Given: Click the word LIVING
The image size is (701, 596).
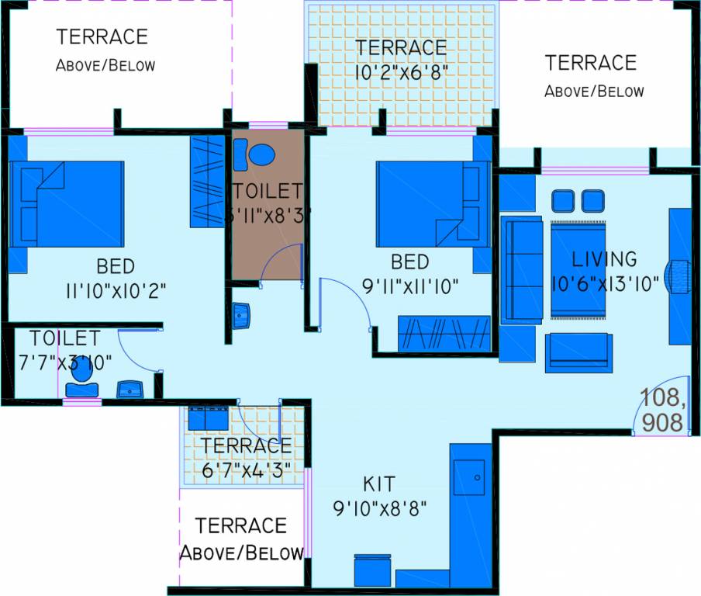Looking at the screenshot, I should click(604, 258).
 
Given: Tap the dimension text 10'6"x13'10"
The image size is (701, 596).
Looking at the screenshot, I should click(605, 284).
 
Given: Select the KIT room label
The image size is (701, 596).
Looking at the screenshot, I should click(378, 485).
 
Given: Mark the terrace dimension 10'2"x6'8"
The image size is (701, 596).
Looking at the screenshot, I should click(402, 71).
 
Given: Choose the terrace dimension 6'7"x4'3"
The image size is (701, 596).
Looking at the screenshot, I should click(246, 470).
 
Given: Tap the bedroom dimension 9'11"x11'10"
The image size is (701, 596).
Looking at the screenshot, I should click(410, 286).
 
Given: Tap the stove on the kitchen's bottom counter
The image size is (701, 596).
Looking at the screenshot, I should click(372, 570).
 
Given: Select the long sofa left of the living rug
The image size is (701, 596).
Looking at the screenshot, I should click(522, 269).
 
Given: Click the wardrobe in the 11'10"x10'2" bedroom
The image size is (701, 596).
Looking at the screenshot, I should click(206, 182).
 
